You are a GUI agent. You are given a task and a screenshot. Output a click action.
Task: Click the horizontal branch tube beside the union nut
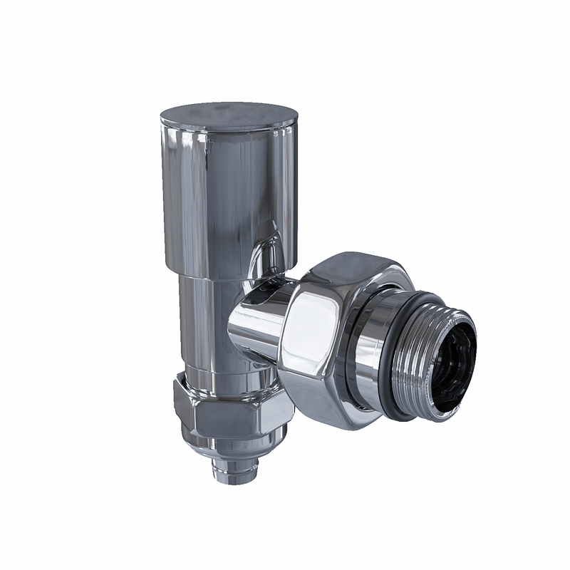coord(256,328)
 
